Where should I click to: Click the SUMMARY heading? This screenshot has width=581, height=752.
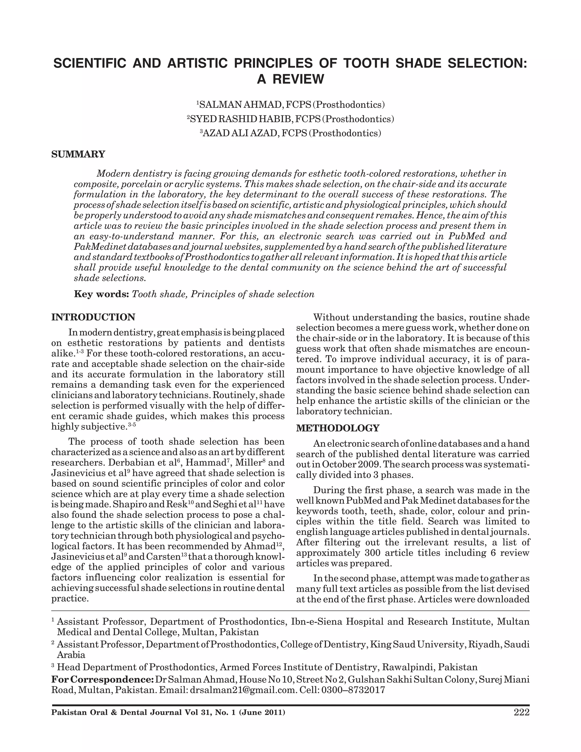click(x=78, y=154)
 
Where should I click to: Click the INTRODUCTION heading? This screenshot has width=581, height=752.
click(x=93, y=317)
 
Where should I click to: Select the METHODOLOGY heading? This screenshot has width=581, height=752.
click(x=338, y=428)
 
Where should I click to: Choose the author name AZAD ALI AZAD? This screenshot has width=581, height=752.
click(x=241, y=133)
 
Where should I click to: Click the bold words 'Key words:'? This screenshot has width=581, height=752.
click(x=102, y=294)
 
